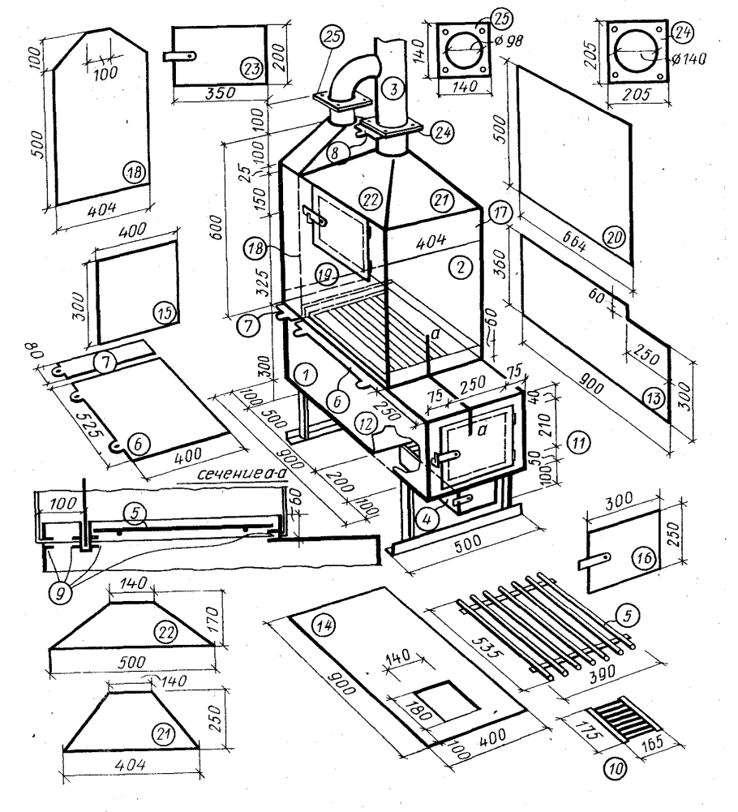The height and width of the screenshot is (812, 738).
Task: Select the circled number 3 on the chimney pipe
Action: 393,88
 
